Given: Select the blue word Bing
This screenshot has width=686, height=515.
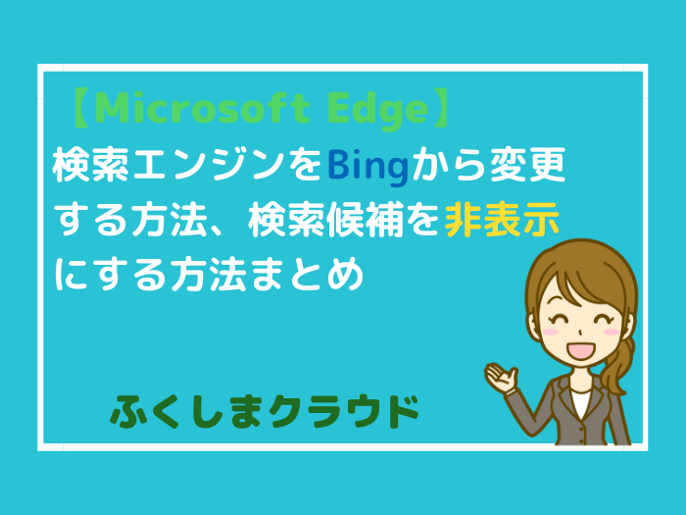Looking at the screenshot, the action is [x=367, y=168].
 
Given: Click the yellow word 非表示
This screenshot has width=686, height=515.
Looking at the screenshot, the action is [x=502, y=219].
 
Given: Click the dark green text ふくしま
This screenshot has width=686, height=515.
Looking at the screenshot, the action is [x=187, y=411].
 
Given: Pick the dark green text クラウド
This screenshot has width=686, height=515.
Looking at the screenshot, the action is [x=344, y=411].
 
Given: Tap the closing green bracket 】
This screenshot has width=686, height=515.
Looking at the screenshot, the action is [x=440, y=108].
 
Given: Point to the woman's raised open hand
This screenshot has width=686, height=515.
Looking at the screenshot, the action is [x=502, y=377].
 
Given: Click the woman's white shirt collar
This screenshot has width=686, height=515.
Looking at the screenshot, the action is [x=581, y=403].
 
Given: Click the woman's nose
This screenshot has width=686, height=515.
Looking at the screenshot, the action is [x=579, y=332].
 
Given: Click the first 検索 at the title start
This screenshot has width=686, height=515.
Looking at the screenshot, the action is [x=90, y=167].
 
